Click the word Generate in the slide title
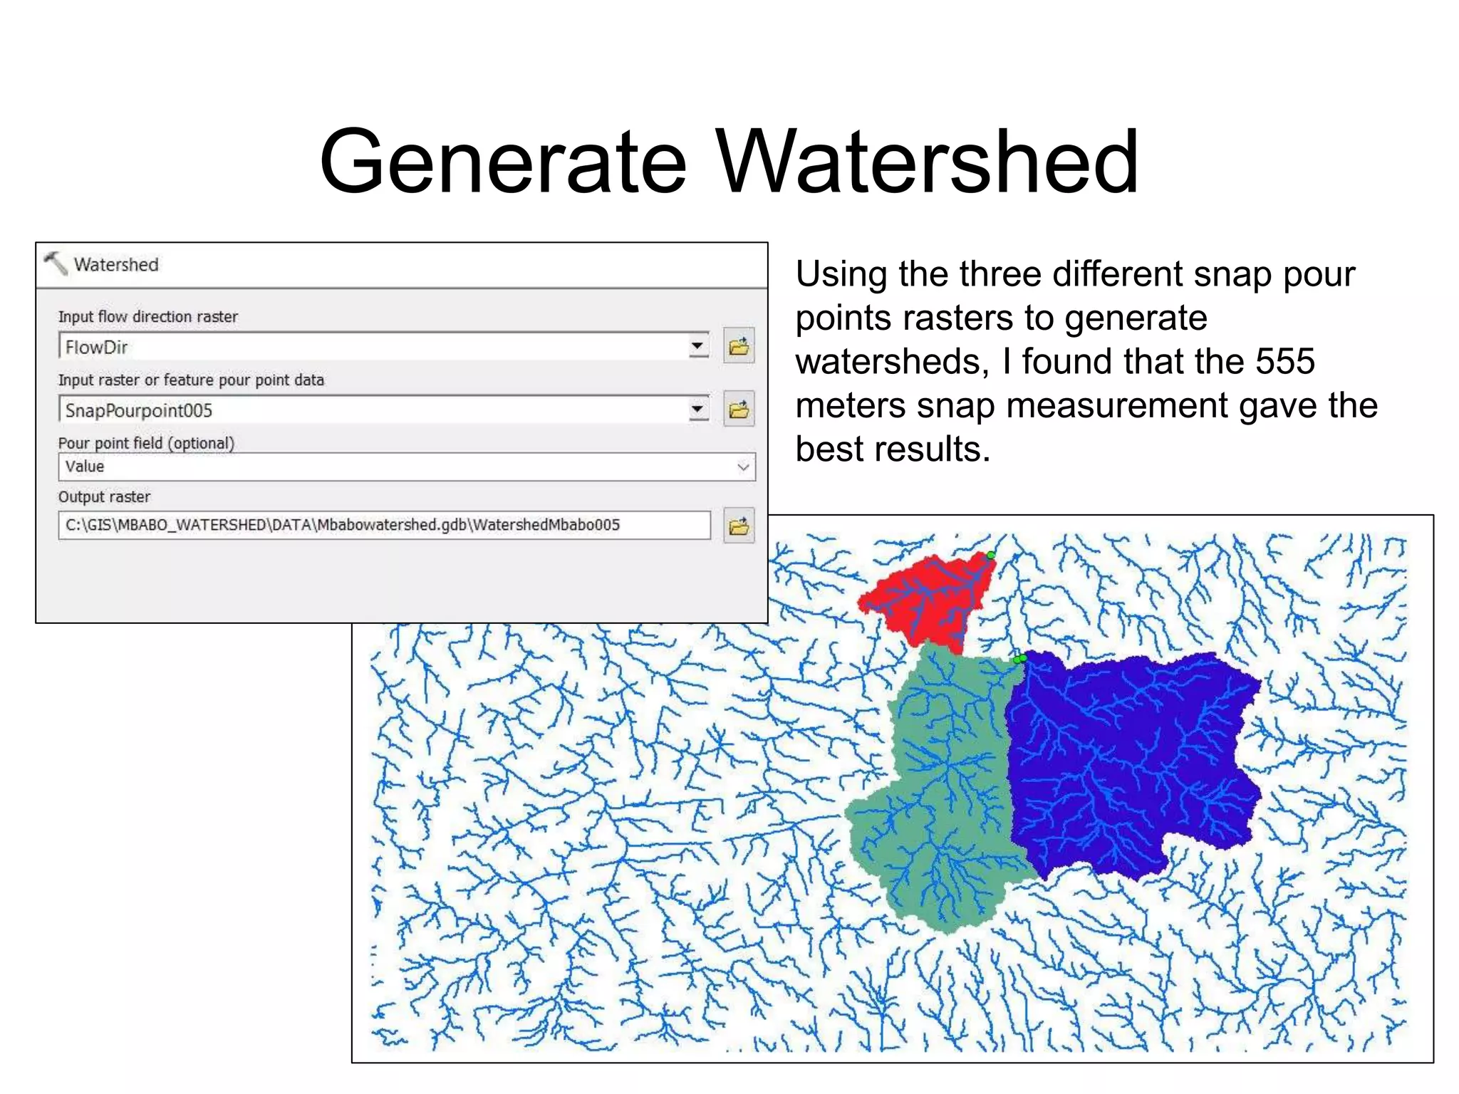(x=503, y=162)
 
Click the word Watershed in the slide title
(x=926, y=162)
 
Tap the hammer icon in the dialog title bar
(x=56, y=264)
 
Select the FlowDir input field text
(x=97, y=348)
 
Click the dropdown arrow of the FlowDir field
(x=698, y=347)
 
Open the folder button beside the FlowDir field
(x=739, y=347)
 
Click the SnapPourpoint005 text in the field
(x=139, y=411)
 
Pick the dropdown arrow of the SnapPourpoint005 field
(x=698, y=410)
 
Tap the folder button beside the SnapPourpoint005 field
(x=739, y=410)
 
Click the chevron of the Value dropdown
(x=743, y=467)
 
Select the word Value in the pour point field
(x=85, y=467)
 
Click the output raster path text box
(x=385, y=526)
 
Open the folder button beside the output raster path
(x=739, y=526)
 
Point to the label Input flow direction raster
(x=148, y=317)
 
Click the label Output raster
(x=105, y=497)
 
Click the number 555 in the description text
(x=1284, y=362)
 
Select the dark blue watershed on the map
(x=1133, y=762)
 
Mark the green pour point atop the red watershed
(x=991, y=555)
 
